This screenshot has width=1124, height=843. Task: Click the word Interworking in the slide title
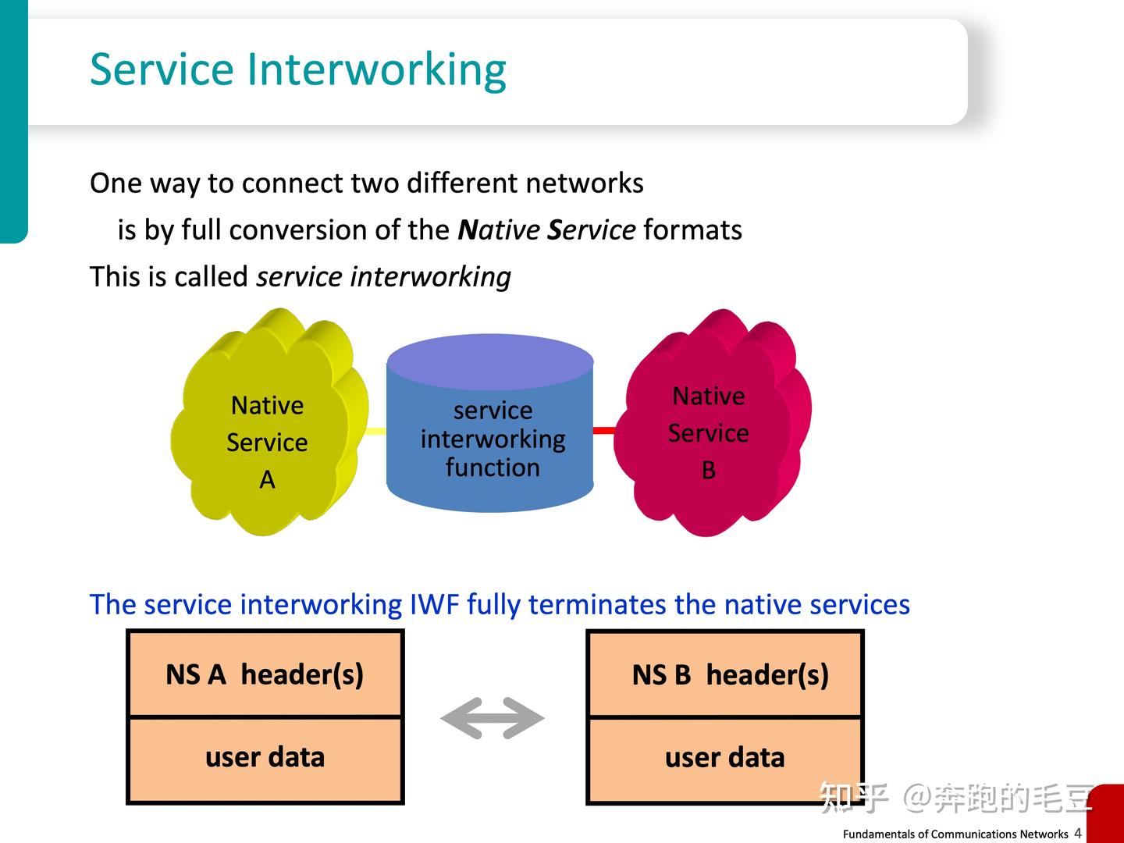pyautogui.click(x=377, y=69)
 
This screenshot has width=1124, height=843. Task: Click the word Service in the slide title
pyautogui.click(x=162, y=69)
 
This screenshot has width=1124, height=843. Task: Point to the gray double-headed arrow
pyautogui.click(x=493, y=718)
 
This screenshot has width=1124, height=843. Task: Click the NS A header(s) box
pyautogui.click(x=265, y=674)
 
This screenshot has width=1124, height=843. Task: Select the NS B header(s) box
pyautogui.click(x=725, y=674)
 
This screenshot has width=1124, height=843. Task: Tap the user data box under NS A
pyautogui.click(x=265, y=758)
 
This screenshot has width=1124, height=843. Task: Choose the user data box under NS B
pyautogui.click(x=725, y=758)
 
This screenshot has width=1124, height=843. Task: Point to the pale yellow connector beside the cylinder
pyautogui.click(x=376, y=431)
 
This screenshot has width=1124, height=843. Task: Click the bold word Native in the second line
pyautogui.click(x=499, y=230)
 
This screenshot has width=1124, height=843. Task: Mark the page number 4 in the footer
pyautogui.click(x=1078, y=833)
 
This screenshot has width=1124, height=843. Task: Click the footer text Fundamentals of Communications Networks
pyautogui.click(x=955, y=834)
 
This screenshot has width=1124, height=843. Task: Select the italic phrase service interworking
pyautogui.click(x=383, y=277)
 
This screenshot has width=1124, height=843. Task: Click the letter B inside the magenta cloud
pyautogui.click(x=709, y=470)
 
